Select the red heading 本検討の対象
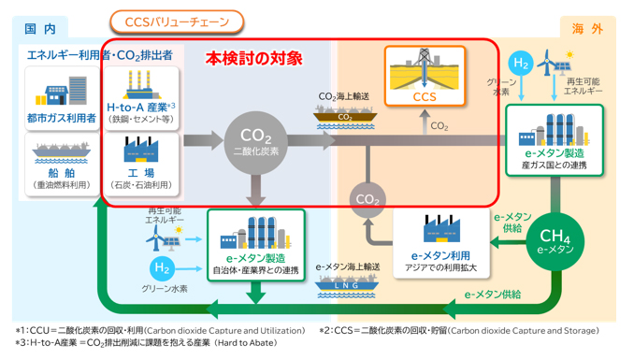pos(254,58)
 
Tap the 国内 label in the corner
pos(39,30)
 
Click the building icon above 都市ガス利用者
pos(61,93)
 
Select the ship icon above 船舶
pos(61,151)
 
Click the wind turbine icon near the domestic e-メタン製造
pos(153,239)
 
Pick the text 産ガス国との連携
pos(554,166)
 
